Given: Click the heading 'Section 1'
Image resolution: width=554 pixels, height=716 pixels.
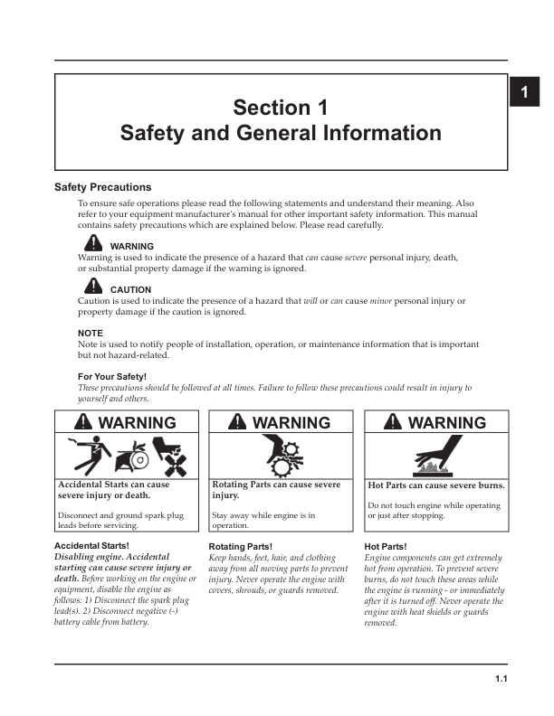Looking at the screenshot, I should [281, 108].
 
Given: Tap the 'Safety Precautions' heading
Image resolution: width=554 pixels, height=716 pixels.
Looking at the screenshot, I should [103, 187].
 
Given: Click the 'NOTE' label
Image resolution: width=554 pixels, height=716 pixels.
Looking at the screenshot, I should [91, 333].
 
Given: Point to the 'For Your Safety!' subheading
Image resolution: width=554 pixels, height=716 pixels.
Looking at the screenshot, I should [112, 376].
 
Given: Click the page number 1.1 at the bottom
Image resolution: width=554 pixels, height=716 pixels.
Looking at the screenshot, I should [501, 679].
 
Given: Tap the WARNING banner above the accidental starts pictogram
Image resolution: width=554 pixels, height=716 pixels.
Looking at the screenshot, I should [126, 422].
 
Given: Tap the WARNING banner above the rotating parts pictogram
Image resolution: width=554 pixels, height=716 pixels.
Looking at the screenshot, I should [281, 422].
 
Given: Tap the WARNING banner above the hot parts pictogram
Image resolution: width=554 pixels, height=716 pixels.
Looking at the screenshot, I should [435, 422].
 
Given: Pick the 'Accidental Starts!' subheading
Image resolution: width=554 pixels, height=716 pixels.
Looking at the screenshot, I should [91, 546].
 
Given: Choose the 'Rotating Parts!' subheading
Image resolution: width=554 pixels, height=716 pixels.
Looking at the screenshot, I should [241, 547].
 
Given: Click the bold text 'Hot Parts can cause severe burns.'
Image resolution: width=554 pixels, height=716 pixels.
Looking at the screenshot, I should [435, 485].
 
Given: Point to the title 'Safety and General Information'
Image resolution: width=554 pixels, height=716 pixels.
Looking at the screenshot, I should [281, 134].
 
